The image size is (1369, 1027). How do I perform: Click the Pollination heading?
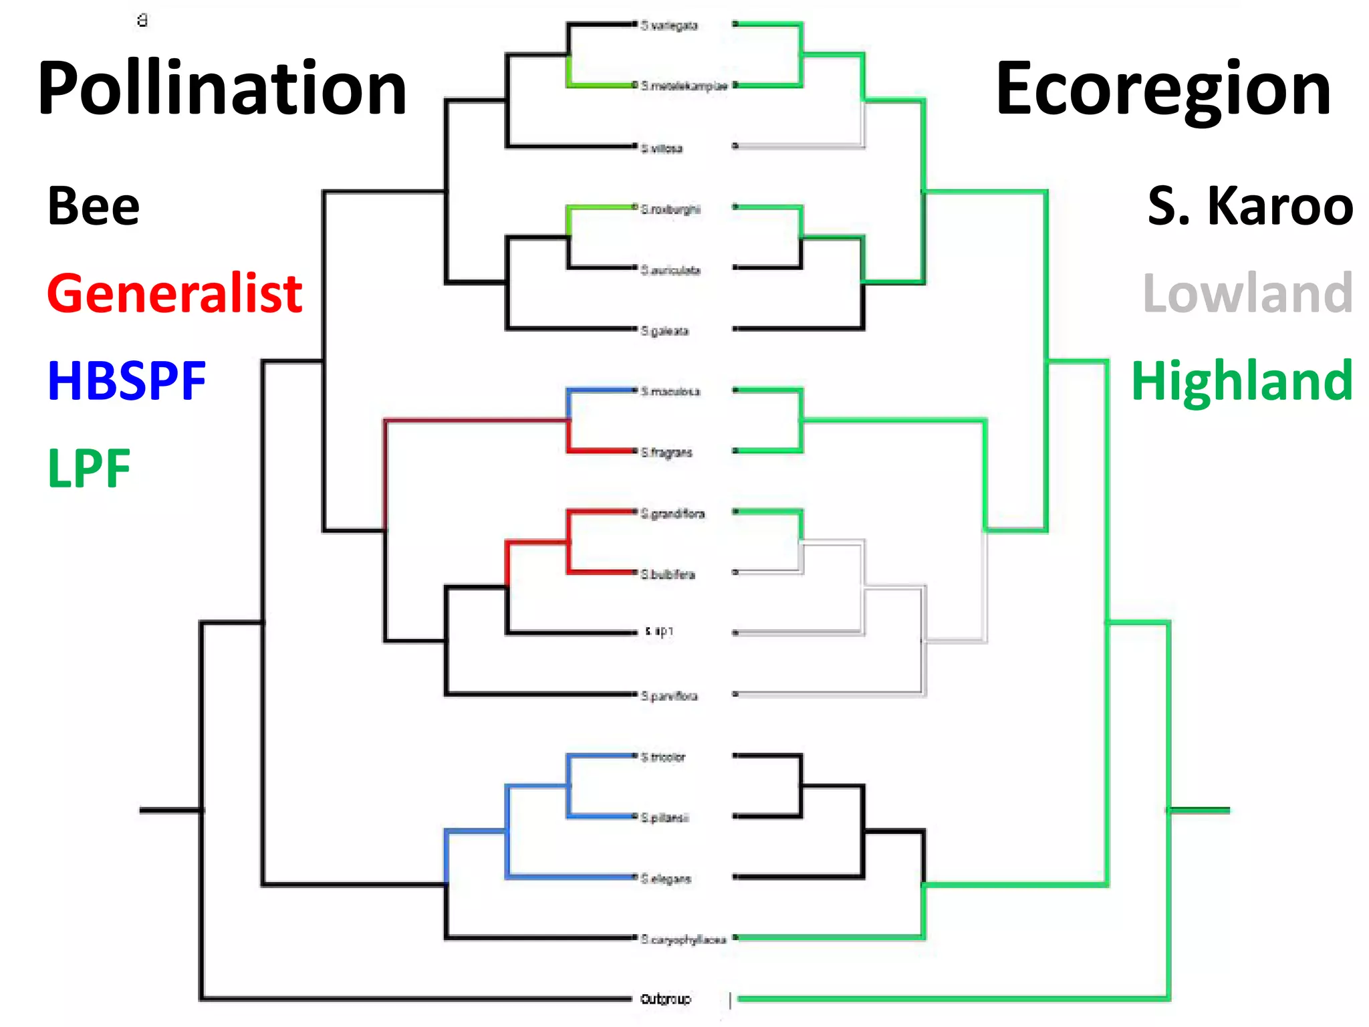click(222, 89)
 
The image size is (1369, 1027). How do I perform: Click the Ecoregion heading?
click(1163, 89)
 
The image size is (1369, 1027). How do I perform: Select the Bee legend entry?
click(94, 206)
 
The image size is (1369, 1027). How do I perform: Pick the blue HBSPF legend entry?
click(127, 380)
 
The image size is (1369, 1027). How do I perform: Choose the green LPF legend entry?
click(89, 468)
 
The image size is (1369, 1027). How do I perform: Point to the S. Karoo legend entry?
click(1250, 206)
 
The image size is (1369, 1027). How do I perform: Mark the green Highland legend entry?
click(1242, 380)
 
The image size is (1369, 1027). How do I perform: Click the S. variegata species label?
click(669, 25)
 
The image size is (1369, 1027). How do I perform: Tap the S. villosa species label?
click(662, 148)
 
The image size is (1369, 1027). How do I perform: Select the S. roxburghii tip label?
click(670, 209)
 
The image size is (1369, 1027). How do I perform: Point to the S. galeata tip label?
click(664, 331)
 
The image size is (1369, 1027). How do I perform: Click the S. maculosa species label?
click(670, 391)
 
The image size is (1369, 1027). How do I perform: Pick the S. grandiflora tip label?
click(672, 513)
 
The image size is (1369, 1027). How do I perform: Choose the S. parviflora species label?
click(669, 696)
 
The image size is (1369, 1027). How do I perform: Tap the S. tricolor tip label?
click(663, 757)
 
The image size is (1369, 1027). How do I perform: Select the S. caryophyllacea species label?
click(683, 939)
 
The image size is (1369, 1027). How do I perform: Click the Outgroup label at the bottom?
click(665, 999)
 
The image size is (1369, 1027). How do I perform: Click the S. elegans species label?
click(666, 879)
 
